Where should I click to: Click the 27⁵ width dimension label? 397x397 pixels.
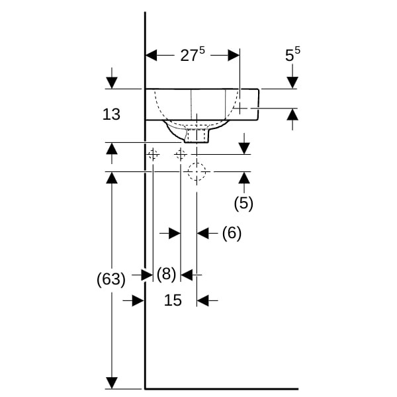[x=193, y=54]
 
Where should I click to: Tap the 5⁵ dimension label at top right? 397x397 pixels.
[x=292, y=54]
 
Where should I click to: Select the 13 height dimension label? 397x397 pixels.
[x=111, y=114]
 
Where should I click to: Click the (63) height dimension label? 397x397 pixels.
[x=111, y=279]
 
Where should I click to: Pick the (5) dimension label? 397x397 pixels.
[x=243, y=203]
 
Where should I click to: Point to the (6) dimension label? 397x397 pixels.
[x=232, y=233]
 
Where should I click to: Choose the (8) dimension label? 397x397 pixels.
[x=166, y=274]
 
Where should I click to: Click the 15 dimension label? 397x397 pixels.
[x=173, y=300]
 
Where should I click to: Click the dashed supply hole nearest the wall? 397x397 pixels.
[x=153, y=154]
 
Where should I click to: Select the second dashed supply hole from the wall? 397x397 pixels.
[x=180, y=154]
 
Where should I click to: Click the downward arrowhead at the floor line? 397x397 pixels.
[x=112, y=383]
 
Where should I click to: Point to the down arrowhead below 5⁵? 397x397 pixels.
[x=292, y=83]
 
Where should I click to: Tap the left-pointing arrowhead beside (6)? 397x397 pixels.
[x=203, y=233]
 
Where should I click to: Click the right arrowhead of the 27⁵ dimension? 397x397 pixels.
[x=234, y=55]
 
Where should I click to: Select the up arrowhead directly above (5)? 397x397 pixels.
[x=244, y=178]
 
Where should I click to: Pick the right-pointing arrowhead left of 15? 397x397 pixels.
[x=138, y=300]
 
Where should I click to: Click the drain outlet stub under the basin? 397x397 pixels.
[x=197, y=136]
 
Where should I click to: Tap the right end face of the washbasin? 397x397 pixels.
[x=258, y=105]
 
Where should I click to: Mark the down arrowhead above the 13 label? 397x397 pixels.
[x=112, y=83]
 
